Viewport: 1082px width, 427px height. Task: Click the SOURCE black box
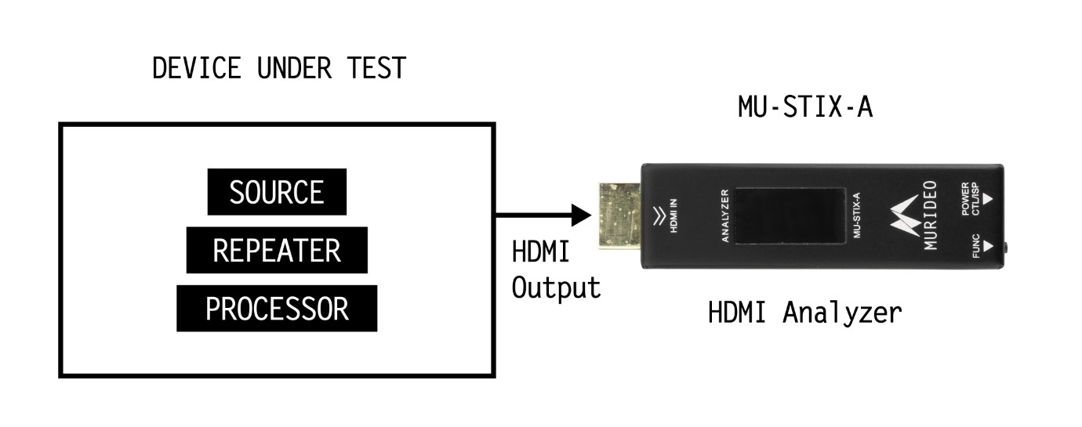pyautogui.click(x=276, y=193)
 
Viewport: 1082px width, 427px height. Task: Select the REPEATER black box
pyautogui.click(x=277, y=251)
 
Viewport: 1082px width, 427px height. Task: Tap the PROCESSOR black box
pyautogui.click(x=277, y=309)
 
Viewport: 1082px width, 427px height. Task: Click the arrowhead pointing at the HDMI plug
pyautogui.click(x=581, y=214)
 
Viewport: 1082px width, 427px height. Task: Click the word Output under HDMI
pyautogui.click(x=556, y=288)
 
